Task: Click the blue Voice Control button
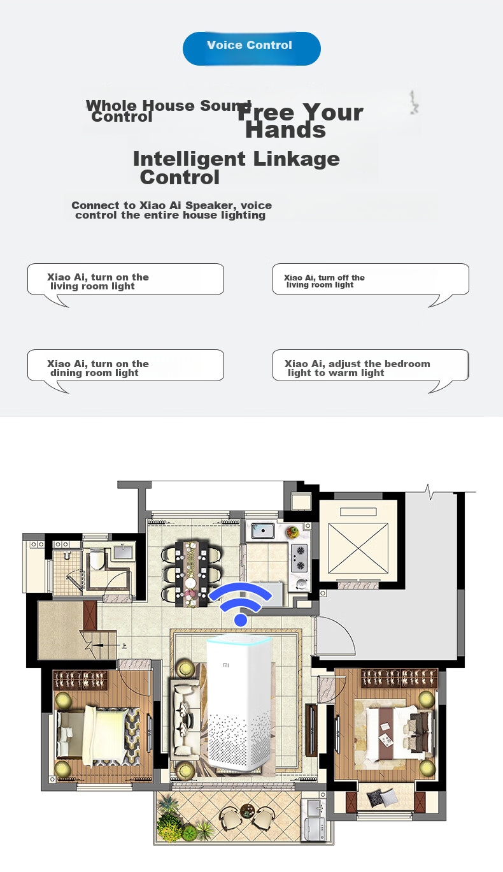251,48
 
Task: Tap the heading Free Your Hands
300,120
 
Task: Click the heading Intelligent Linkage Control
236,168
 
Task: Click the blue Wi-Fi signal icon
241,604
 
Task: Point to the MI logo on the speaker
226,665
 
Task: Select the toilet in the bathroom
96,558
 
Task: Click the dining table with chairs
191,573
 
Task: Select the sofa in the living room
184,720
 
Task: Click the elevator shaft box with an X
358,548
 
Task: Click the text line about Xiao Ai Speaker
171,210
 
